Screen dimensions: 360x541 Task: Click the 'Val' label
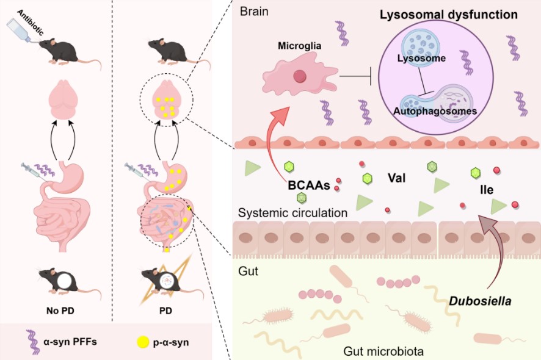pyautogui.click(x=397, y=179)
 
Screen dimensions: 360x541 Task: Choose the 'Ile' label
pyautogui.click(x=487, y=190)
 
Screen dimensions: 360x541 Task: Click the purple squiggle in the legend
pyautogui.click(x=31, y=342)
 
